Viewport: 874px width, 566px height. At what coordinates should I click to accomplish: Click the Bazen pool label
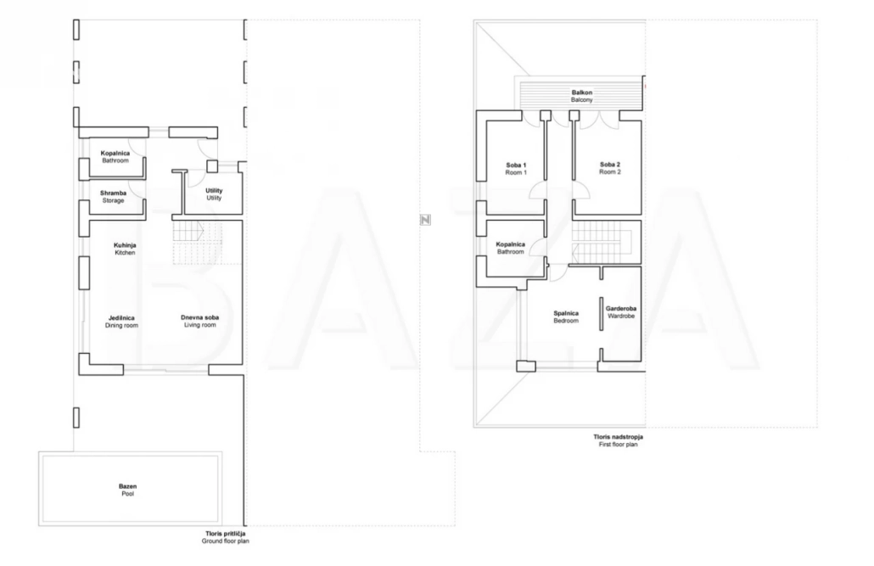click(x=127, y=490)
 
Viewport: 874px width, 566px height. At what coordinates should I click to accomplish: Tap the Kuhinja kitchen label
click(x=125, y=249)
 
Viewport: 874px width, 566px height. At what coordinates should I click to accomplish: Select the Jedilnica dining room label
click(x=121, y=322)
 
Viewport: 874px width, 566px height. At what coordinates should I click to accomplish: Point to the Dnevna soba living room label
click(x=199, y=322)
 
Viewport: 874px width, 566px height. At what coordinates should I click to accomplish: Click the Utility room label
click(x=214, y=194)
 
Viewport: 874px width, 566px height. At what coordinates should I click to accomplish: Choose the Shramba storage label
click(x=113, y=197)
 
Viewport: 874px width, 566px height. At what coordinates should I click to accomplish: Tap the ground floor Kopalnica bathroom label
click(x=115, y=157)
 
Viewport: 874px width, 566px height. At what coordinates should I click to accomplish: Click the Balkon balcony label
click(x=582, y=96)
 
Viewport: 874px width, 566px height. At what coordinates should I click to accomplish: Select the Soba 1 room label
click(x=516, y=169)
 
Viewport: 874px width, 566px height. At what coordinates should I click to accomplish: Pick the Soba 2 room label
click(x=610, y=168)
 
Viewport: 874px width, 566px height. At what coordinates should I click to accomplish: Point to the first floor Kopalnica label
click(x=511, y=248)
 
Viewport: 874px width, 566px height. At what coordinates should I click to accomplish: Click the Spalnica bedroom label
click(x=566, y=317)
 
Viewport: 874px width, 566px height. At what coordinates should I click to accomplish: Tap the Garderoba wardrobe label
click(x=621, y=312)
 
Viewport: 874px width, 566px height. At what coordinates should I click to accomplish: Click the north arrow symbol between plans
click(x=425, y=220)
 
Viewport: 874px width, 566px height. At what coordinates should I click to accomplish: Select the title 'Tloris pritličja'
click(x=225, y=534)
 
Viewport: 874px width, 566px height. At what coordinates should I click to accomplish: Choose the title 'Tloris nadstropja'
click(x=618, y=437)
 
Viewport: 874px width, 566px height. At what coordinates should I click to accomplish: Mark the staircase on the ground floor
click(x=197, y=242)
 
